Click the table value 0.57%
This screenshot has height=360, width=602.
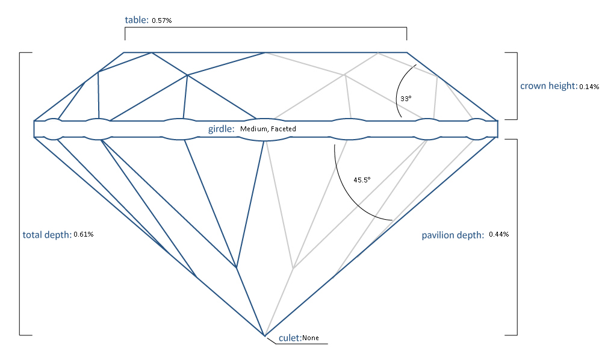click(162, 20)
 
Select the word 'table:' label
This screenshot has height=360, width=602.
click(137, 20)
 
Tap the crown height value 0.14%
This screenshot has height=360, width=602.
click(589, 87)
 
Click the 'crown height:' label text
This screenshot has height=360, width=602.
click(548, 85)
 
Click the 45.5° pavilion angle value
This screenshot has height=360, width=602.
click(362, 179)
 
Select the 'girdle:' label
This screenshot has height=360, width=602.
click(220, 129)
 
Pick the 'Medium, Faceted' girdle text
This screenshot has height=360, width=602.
click(268, 129)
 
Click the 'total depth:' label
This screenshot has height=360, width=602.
click(47, 234)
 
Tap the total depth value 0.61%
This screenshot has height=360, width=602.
click(83, 234)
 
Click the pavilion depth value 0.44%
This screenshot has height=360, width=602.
click(499, 234)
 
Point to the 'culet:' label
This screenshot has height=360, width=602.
click(290, 338)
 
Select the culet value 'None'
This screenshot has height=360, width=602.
click(311, 338)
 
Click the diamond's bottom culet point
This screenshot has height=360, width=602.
click(264, 335)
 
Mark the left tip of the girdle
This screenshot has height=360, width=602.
click(35, 129)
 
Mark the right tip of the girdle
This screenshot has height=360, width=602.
click(498, 129)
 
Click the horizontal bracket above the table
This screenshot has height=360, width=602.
click(265, 28)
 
